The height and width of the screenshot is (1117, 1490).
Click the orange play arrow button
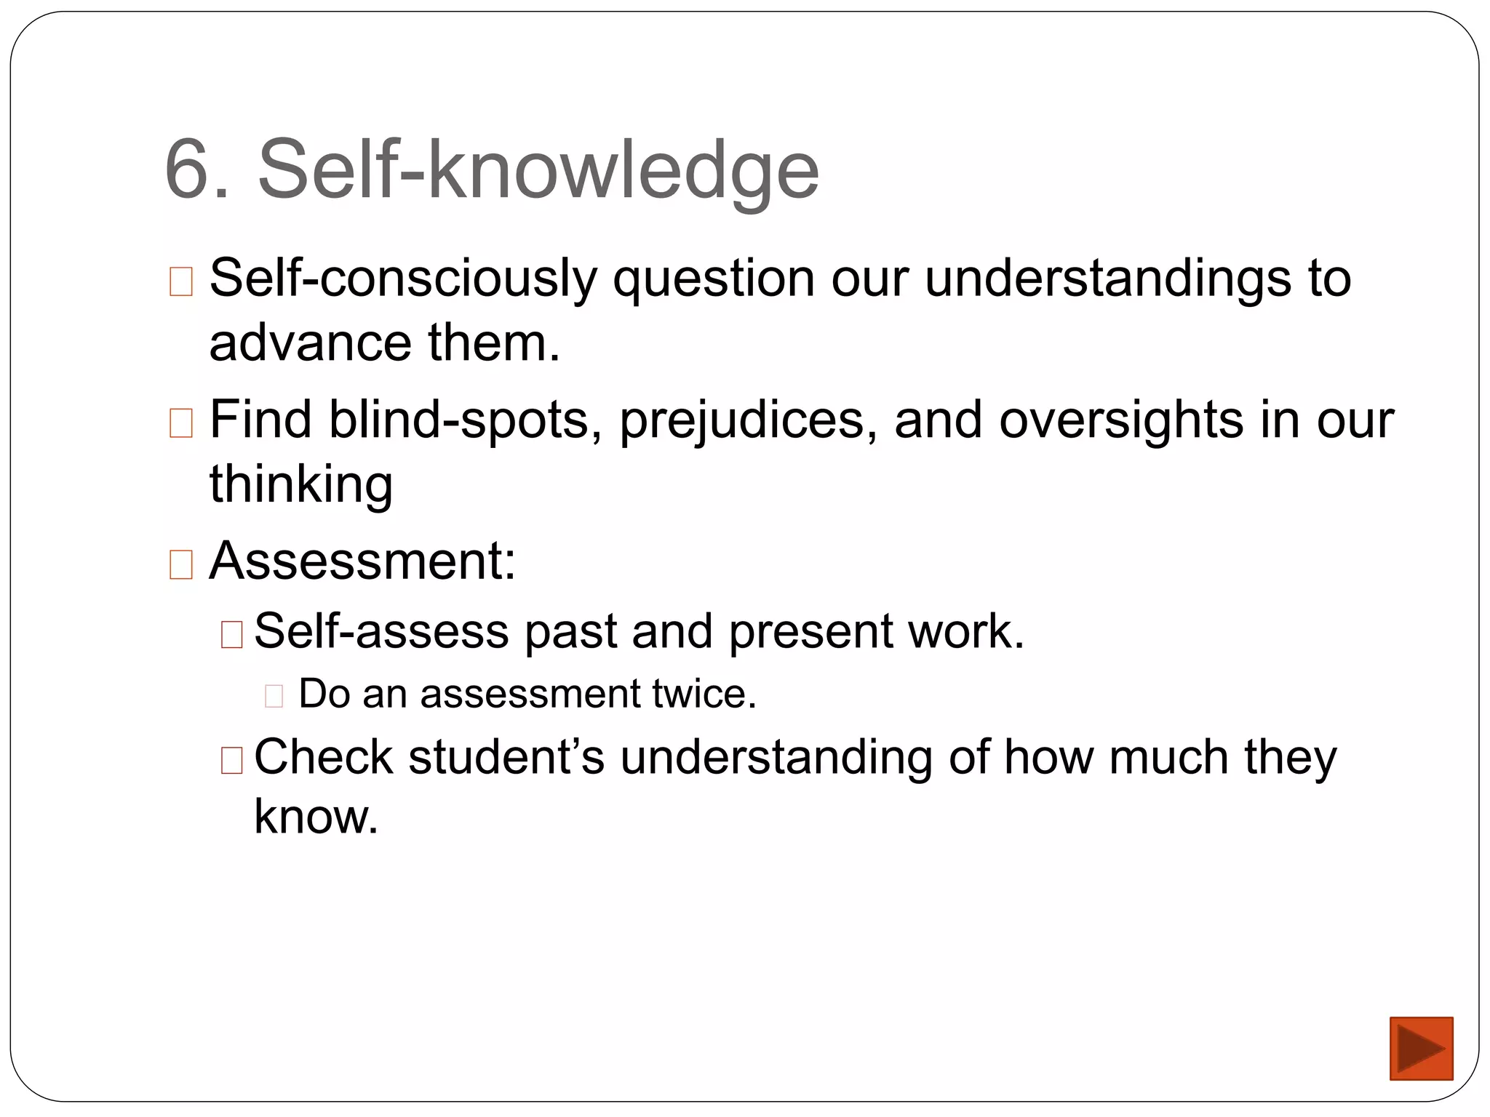click(x=1420, y=1048)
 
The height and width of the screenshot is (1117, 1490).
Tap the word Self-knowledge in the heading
click(x=538, y=170)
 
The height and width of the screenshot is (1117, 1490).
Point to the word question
click(x=713, y=279)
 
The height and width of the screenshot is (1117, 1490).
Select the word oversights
click(x=1121, y=420)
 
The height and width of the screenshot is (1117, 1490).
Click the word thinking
click(x=301, y=484)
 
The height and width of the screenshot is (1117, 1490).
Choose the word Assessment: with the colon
click(x=362, y=561)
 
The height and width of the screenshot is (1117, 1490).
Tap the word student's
click(x=506, y=757)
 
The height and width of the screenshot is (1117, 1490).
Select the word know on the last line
click(x=315, y=817)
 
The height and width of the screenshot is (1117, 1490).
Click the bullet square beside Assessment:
click(x=180, y=564)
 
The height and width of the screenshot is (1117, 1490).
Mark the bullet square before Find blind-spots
click(x=180, y=423)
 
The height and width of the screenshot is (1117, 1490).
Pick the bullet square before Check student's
click(x=231, y=760)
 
